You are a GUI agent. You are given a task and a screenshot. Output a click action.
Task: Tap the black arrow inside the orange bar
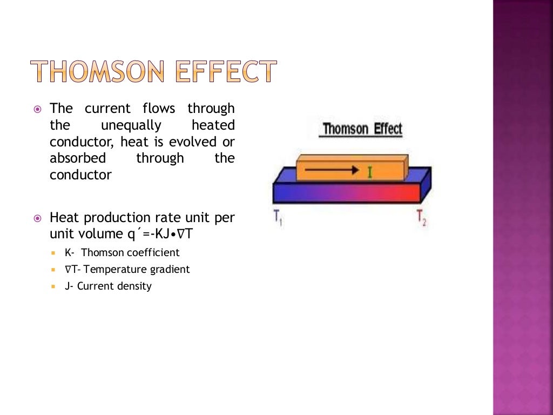click(334, 170)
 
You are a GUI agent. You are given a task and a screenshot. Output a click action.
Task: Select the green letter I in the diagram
click(370, 172)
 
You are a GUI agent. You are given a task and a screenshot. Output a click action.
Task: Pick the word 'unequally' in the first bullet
click(131, 125)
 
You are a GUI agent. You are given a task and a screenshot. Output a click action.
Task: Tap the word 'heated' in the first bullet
click(213, 125)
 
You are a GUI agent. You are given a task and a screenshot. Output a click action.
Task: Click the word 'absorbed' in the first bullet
click(78, 158)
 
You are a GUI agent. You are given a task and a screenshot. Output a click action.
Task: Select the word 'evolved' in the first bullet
click(193, 142)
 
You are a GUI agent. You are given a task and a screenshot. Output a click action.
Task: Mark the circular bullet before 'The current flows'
click(37, 109)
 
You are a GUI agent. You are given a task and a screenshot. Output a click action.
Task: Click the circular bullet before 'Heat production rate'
click(37, 218)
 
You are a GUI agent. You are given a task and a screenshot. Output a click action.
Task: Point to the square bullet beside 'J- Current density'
click(53, 286)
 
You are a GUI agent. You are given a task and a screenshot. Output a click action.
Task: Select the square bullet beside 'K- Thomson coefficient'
click(53, 253)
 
